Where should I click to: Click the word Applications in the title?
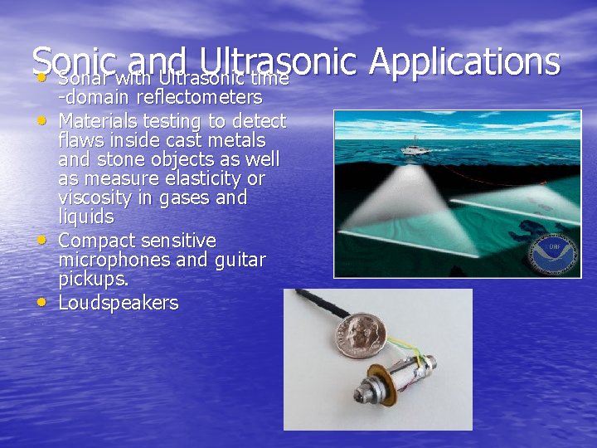point(464,61)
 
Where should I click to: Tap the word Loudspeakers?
point(119,303)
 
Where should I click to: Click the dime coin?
point(357,334)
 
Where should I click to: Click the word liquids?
point(86,217)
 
